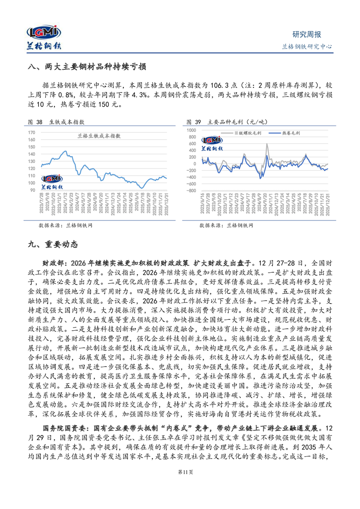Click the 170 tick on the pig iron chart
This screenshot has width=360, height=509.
click(x=32, y=132)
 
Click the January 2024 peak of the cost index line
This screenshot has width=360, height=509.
click(x=65, y=152)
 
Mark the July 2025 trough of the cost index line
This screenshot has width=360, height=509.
click(x=142, y=187)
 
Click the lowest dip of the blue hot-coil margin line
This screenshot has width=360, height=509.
click(x=260, y=178)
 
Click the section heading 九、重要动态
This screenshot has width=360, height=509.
click(x=53, y=245)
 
